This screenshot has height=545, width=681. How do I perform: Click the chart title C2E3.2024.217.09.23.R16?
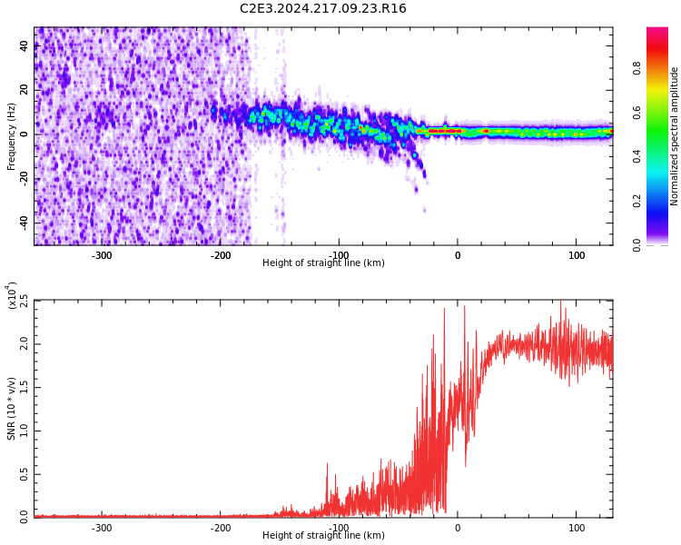click(x=323, y=9)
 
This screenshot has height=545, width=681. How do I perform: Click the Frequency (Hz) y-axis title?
click(x=12, y=136)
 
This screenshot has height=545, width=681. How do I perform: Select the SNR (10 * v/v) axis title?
click(x=12, y=409)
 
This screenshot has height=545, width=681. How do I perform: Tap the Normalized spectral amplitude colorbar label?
click(x=675, y=136)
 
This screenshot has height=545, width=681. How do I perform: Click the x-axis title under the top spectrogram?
click(x=323, y=263)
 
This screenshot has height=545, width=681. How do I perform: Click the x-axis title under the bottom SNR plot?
click(x=323, y=536)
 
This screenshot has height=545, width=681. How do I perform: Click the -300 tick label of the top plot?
click(x=102, y=255)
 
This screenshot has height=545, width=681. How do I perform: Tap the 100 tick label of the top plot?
click(x=577, y=255)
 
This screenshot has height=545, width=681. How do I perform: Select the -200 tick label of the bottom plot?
click(x=221, y=528)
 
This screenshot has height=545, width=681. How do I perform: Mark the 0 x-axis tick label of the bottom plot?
click(x=458, y=528)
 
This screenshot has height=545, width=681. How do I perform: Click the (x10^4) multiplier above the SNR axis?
click(x=13, y=295)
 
